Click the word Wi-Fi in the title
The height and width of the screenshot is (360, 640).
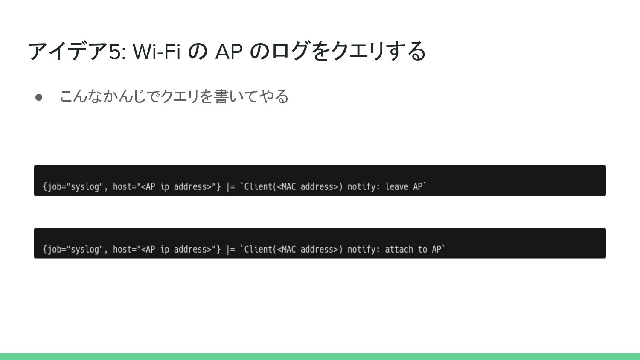pos(157,52)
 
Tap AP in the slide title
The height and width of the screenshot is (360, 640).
pos(229,52)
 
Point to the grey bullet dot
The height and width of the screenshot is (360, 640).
pos(39,97)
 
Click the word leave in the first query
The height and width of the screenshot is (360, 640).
pos(397,187)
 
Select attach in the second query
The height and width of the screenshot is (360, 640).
pos(399,250)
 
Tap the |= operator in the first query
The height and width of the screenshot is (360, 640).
pos(230,187)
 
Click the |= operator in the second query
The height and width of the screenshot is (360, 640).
pos(230,250)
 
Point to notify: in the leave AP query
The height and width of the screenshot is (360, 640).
pos(364,187)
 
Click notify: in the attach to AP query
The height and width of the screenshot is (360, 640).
pos(364,250)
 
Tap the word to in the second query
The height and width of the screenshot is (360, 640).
pos(422,250)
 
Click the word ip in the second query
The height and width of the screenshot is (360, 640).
pos(165,250)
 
